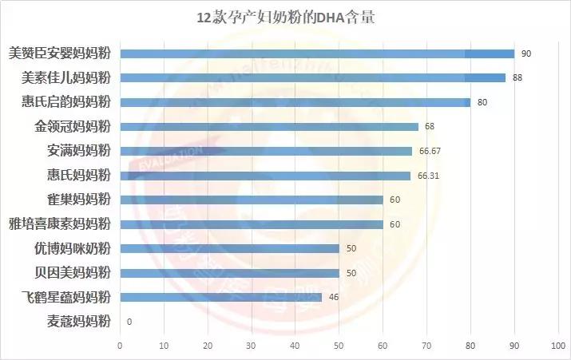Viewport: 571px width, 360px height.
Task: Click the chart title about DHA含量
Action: [285, 18]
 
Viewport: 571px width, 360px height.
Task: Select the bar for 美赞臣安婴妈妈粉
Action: [317, 53]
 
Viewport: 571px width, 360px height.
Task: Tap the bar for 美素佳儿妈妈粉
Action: [312, 77]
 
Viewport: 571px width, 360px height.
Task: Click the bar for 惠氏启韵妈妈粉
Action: [295, 102]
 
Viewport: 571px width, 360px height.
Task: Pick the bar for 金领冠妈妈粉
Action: [268, 126]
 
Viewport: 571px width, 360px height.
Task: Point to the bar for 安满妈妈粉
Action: [266, 151]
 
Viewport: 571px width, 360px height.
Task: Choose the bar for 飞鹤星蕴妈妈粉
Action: [220, 297]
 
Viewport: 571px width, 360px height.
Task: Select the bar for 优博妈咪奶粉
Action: [229, 248]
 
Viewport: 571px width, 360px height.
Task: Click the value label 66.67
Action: [429, 151]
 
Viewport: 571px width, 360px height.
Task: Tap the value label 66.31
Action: [427, 176]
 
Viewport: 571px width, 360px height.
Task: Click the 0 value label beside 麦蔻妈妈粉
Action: [129, 322]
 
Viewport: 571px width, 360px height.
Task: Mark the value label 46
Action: [333, 298]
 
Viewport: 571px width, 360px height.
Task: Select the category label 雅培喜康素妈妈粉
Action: [59, 224]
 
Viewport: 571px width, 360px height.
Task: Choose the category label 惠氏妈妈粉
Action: [78, 175]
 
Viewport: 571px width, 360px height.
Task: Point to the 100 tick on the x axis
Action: [557, 346]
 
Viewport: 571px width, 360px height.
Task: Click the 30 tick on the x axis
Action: [252, 346]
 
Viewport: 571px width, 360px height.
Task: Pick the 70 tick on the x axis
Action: [426, 346]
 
